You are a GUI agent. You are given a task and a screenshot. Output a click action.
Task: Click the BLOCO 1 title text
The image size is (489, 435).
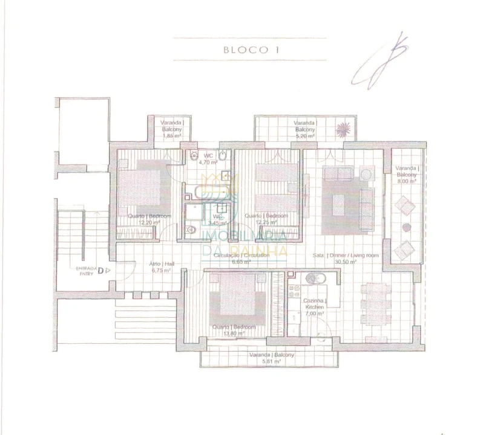pos(249,50)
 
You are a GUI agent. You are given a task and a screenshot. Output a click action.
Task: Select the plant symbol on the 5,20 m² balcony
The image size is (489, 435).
pos(343,129)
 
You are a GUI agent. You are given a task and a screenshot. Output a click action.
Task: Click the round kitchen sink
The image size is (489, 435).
pos(315,279)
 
